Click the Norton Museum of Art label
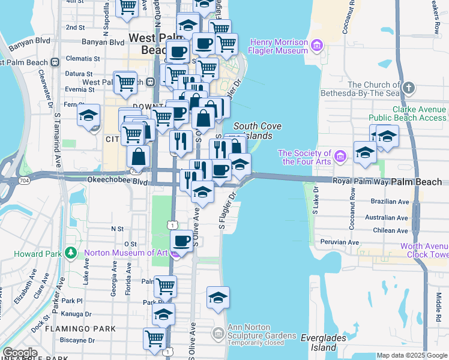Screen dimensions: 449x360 pyautogui.click(x=127, y=253)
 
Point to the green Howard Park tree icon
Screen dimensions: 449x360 pyautogui.click(x=71, y=253)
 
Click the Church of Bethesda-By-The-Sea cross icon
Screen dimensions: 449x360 pyautogui.click(x=409, y=89)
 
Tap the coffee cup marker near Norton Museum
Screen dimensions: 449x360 pyautogui.click(x=181, y=241)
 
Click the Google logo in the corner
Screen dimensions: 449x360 pyautogui.click(x=20, y=353)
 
